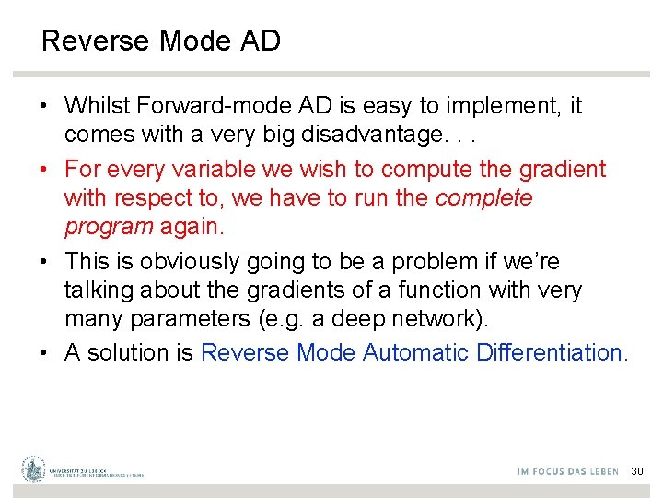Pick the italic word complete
pos(484,198)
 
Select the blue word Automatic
pos(415,352)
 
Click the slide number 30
pos(637,471)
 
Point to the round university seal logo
pos(34,469)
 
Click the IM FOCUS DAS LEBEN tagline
pos(568,471)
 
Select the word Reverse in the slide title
pos(97,41)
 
